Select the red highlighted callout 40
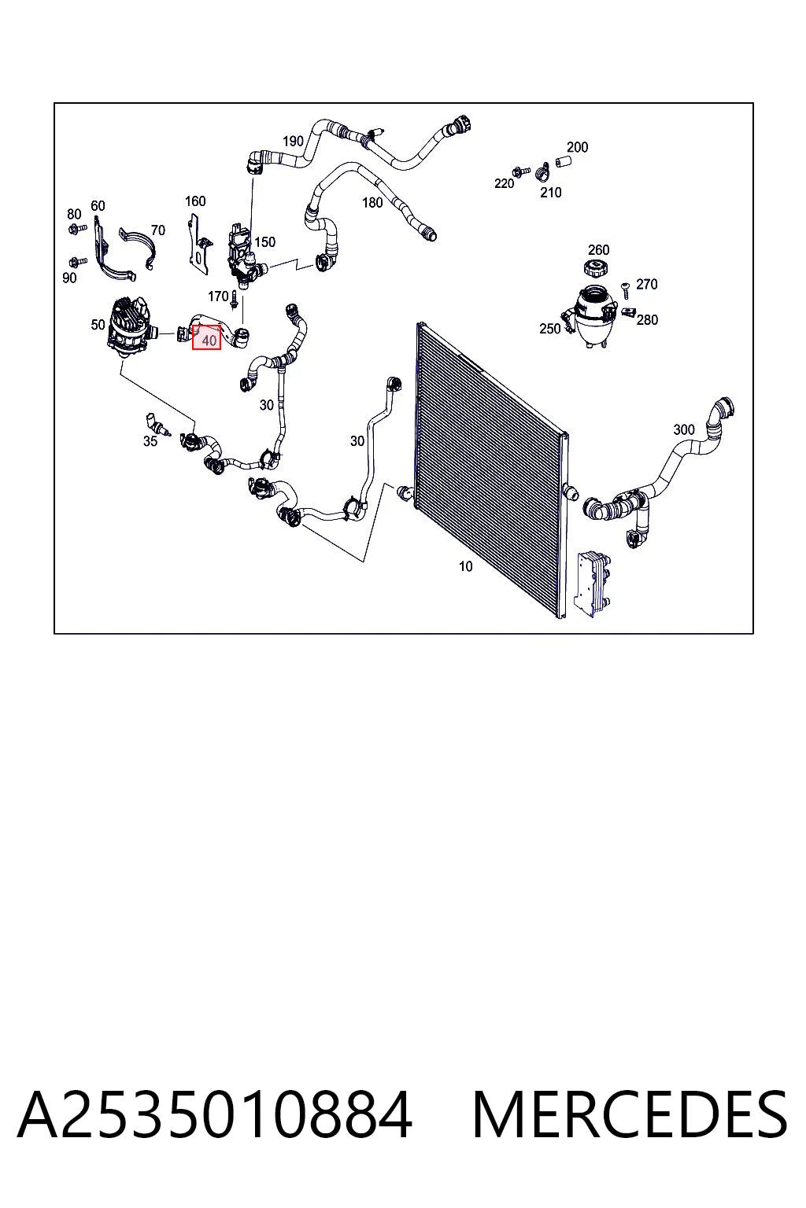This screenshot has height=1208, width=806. point(207,337)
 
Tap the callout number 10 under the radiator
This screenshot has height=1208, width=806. point(465,566)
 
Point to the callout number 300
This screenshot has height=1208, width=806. point(683,430)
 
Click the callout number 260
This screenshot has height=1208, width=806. point(598,249)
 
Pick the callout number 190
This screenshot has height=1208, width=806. point(293,142)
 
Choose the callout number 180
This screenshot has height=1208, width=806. point(372,203)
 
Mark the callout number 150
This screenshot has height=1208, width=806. point(265,242)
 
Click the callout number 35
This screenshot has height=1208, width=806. point(150,441)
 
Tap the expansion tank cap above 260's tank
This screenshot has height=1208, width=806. point(597,267)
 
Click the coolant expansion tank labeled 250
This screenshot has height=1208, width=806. point(592,316)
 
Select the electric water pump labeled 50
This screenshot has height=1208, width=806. point(132,327)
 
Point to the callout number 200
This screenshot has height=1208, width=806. point(577,147)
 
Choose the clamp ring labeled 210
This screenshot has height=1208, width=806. point(542,172)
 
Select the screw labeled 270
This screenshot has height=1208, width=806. point(626,289)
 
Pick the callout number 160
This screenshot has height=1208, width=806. point(195,201)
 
